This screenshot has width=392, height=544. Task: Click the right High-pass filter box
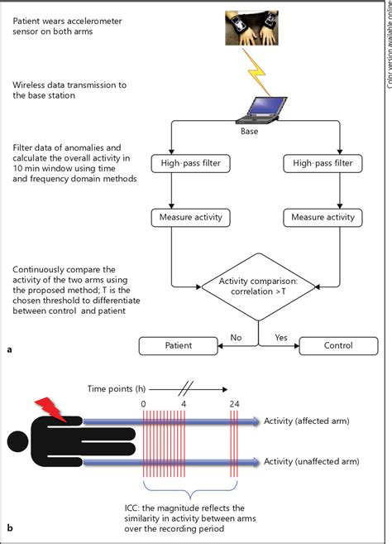pyautogui.click(x=312, y=164)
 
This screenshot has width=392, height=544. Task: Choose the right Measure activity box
pyautogui.click(x=312, y=218)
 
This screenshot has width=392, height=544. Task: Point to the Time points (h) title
pyautogui.click(x=121, y=387)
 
